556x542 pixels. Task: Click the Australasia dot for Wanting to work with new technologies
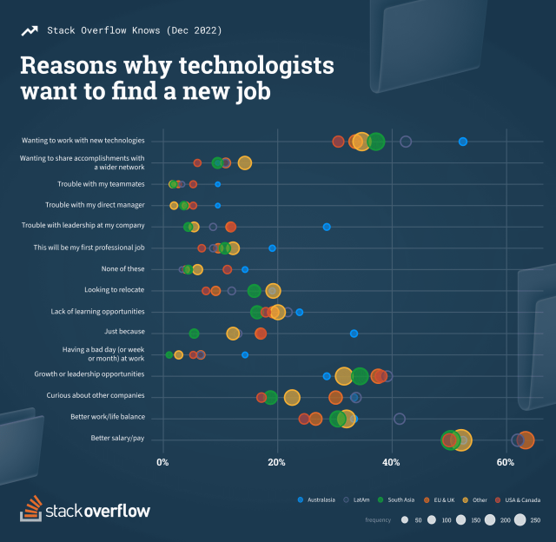pos(463,142)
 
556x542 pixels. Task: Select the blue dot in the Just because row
pos(354,333)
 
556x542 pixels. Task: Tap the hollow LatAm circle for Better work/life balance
pos(400,419)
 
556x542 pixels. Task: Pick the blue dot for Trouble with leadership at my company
pos(327,227)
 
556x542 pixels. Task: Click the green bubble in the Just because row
pos(194,334)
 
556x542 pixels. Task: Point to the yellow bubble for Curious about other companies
pos(292,398)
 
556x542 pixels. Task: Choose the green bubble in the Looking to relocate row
pos(254,291)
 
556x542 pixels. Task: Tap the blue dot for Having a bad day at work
pos(245,354)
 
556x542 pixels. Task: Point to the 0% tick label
pos(162,460)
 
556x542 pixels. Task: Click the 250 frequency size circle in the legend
pos(520,519)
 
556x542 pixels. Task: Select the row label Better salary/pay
pos(117,438)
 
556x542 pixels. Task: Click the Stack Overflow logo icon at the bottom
pos(30,509)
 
